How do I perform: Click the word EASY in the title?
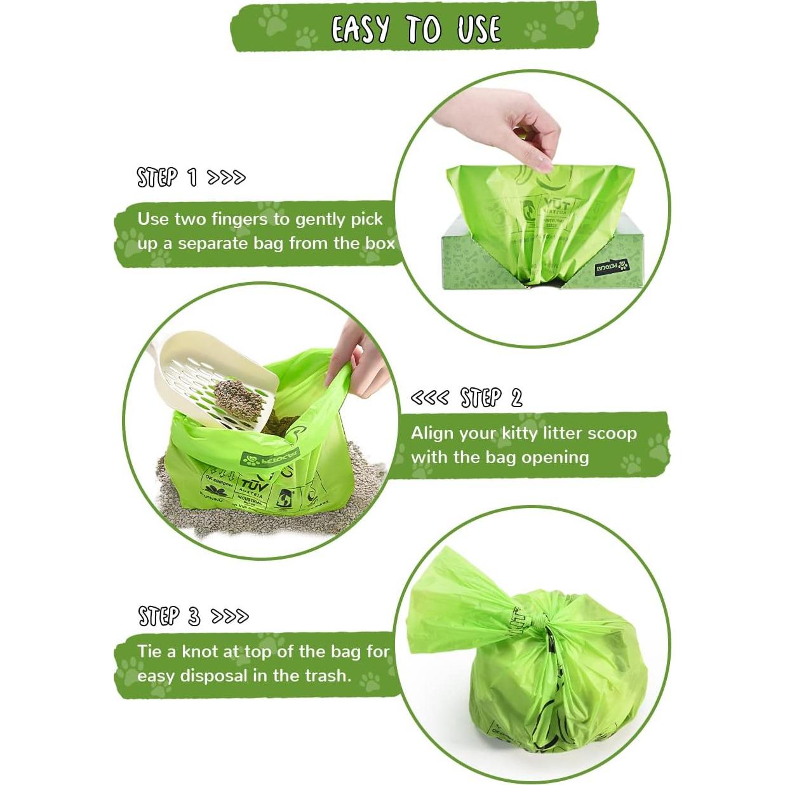coord(359,29)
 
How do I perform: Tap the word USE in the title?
coord(478,29)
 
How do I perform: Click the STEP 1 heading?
coord(167,177)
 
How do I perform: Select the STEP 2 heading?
coord(491,398)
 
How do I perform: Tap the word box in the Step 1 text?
coord(379,243)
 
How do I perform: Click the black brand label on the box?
coord(611,266)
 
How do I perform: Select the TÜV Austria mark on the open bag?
coord(253,489)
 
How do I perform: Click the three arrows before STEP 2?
coord(429,398)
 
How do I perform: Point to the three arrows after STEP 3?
coord(229,616)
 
